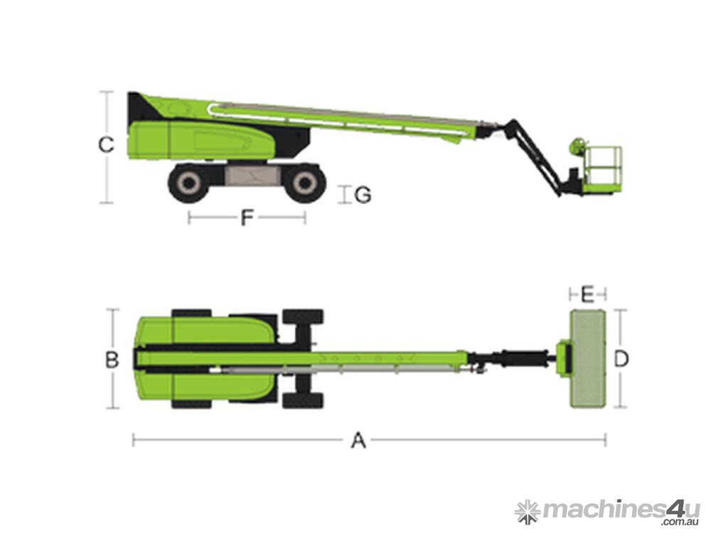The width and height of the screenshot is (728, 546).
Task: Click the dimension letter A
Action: (358, 440)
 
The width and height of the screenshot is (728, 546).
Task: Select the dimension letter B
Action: (112, 360)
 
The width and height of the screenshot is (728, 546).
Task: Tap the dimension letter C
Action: (107, 144)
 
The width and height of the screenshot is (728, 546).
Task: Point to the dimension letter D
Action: (621, 359)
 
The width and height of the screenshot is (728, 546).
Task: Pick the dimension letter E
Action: (587, 294)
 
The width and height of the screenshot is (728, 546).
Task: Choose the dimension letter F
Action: (247, 218)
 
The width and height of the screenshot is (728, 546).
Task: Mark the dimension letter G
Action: (363, 195)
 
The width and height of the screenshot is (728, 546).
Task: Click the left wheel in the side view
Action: (188, 183)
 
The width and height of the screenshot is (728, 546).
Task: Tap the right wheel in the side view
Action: (304, 183)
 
